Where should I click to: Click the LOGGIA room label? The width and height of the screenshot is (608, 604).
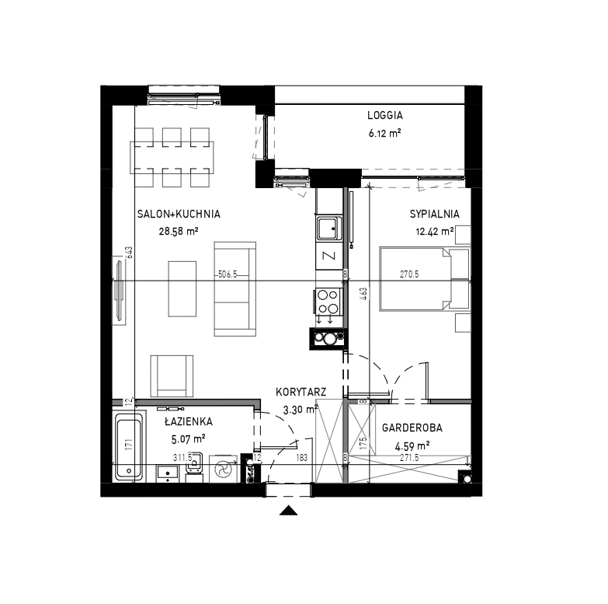385,115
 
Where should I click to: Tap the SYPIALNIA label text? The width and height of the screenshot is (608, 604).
434,214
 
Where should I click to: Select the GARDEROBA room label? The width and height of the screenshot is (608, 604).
412,428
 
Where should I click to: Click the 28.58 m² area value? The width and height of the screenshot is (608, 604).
179,232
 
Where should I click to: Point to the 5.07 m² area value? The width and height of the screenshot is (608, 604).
188,439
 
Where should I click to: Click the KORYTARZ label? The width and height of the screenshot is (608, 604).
301,392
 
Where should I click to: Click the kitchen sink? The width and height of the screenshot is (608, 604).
328,229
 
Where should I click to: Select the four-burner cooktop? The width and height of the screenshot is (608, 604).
328,302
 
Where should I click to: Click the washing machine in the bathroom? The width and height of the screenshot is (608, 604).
224,469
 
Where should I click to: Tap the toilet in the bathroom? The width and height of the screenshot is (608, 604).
194,467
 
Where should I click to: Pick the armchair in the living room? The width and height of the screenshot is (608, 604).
172,375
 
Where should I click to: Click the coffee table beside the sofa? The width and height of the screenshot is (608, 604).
182,289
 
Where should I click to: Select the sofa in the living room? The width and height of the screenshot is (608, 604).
235,289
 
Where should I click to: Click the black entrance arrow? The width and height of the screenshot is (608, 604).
289,511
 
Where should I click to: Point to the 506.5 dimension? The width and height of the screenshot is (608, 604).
228,274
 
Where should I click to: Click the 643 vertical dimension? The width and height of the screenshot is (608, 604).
129,252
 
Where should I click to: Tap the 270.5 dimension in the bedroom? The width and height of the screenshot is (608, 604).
409,274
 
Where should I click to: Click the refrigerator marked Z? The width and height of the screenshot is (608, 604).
328,256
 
